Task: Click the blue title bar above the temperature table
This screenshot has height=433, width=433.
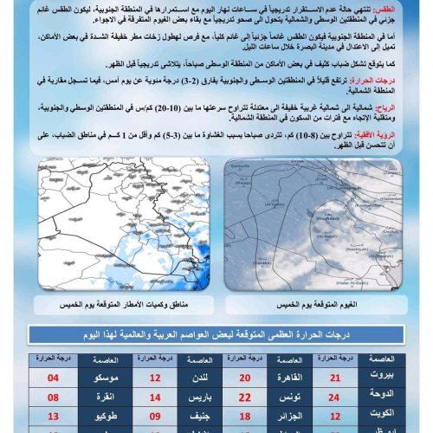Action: click(216, 335)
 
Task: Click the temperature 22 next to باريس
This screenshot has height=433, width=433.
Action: click(245, 397)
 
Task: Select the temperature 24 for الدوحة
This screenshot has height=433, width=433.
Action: click(337, 397)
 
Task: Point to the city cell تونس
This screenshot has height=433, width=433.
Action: click(293, 397)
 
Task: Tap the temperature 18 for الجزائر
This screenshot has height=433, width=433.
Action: click(245, 417)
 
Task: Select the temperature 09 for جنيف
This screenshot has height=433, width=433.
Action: click(155, 417)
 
